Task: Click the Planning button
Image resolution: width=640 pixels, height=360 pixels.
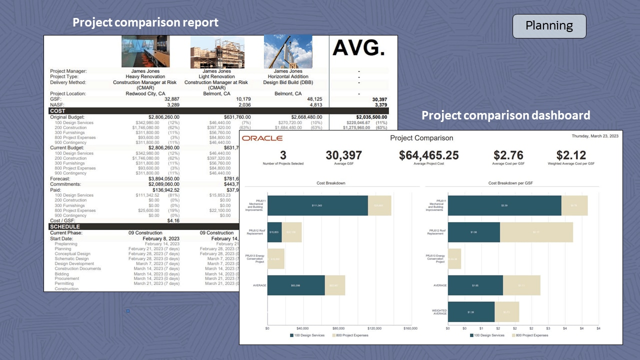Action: point(549,26)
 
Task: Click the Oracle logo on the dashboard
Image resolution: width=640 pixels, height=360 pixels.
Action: point(262,138)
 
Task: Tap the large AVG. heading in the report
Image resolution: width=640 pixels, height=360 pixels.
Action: point(358,48)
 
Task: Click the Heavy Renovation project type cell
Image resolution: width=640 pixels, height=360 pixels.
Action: point(145,76)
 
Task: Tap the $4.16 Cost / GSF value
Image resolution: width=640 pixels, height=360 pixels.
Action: point(173,220)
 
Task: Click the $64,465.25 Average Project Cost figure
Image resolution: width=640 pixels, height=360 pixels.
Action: point(428,155)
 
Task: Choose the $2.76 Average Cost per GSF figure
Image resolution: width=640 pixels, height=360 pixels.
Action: point(508,155)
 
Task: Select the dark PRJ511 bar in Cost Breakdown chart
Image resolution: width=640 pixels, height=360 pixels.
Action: point(317,205)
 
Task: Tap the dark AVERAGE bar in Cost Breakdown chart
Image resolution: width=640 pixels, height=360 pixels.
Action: point(296,285)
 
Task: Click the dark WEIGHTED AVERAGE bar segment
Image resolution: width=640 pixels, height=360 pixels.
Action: point(471,312)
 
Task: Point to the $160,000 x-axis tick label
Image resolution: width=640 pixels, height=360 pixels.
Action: point(410,328)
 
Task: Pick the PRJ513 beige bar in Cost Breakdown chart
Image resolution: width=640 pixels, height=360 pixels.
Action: point(276,259)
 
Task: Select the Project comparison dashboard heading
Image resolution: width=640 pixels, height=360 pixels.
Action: point(505,115)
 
